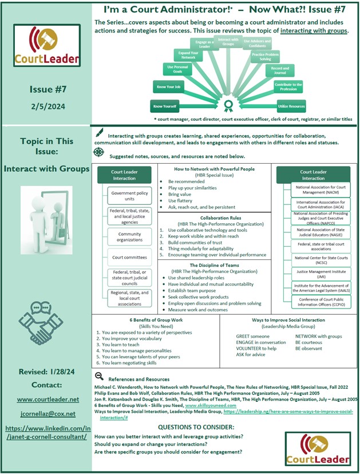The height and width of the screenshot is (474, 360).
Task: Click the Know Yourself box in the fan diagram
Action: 164,106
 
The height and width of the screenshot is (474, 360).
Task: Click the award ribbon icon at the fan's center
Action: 229,105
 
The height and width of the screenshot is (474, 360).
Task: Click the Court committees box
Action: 129,258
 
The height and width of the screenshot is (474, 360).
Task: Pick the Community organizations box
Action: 129,237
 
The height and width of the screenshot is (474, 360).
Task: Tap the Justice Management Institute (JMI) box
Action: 322,274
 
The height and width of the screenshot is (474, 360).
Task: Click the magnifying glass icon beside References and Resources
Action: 99,376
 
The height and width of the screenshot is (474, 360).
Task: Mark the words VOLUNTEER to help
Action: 256,348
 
